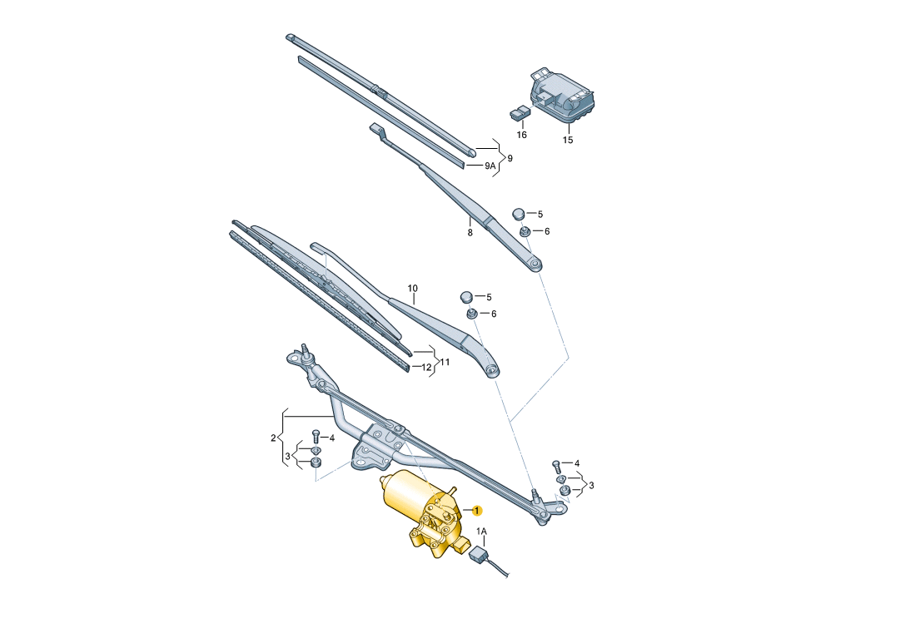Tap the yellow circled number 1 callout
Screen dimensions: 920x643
pos(477,511)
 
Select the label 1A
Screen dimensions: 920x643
pos(481,532)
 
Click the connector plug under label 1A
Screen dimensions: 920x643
pos(479,555)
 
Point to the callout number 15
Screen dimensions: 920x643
pos(567,140)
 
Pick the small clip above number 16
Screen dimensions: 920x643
pos(520,111)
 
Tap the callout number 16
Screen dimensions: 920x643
pos(521,135)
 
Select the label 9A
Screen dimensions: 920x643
pos(490,166)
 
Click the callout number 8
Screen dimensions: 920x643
pos(470,232)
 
